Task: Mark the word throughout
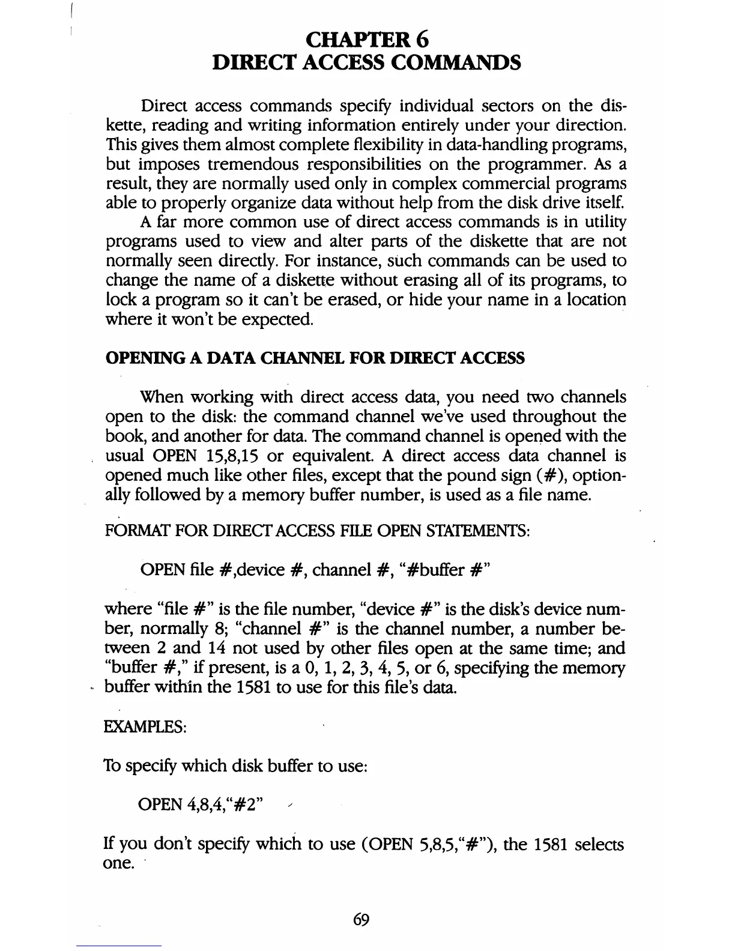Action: click(548, 417)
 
